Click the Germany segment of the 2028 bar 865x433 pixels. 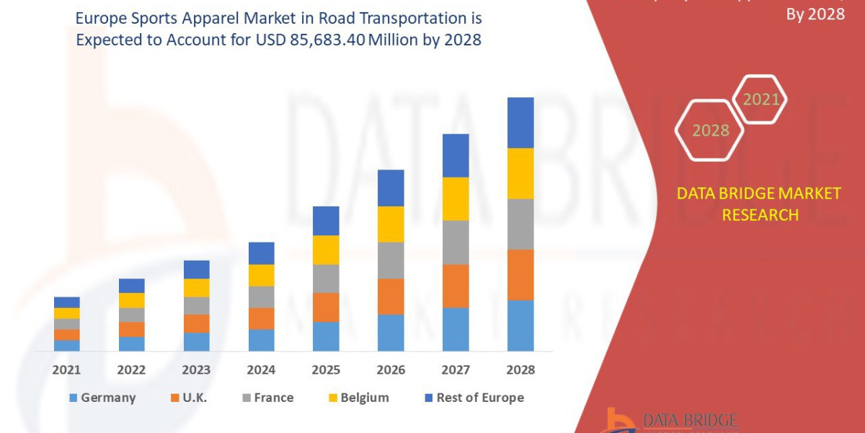coord(520,325)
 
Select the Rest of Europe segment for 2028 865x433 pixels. coord(520,123)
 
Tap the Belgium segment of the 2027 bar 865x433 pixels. coord(456,198)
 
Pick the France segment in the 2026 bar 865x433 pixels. coord(391,260)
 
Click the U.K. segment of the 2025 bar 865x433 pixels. coord(326,307)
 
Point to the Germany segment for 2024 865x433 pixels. coord(261,340)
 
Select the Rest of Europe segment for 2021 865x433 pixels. coord(67,302)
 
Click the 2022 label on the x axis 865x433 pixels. coord(131,369)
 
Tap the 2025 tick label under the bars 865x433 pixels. coord(326,369)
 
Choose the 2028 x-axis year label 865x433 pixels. coord(520,369)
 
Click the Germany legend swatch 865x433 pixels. coord(73,398)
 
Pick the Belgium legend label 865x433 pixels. coord(364,398)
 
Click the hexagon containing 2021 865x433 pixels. coord(760,100)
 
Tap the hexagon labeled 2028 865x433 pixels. coord(710,131)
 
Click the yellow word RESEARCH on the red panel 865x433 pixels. coord(760,214)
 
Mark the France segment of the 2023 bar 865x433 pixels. coord(196,305)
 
